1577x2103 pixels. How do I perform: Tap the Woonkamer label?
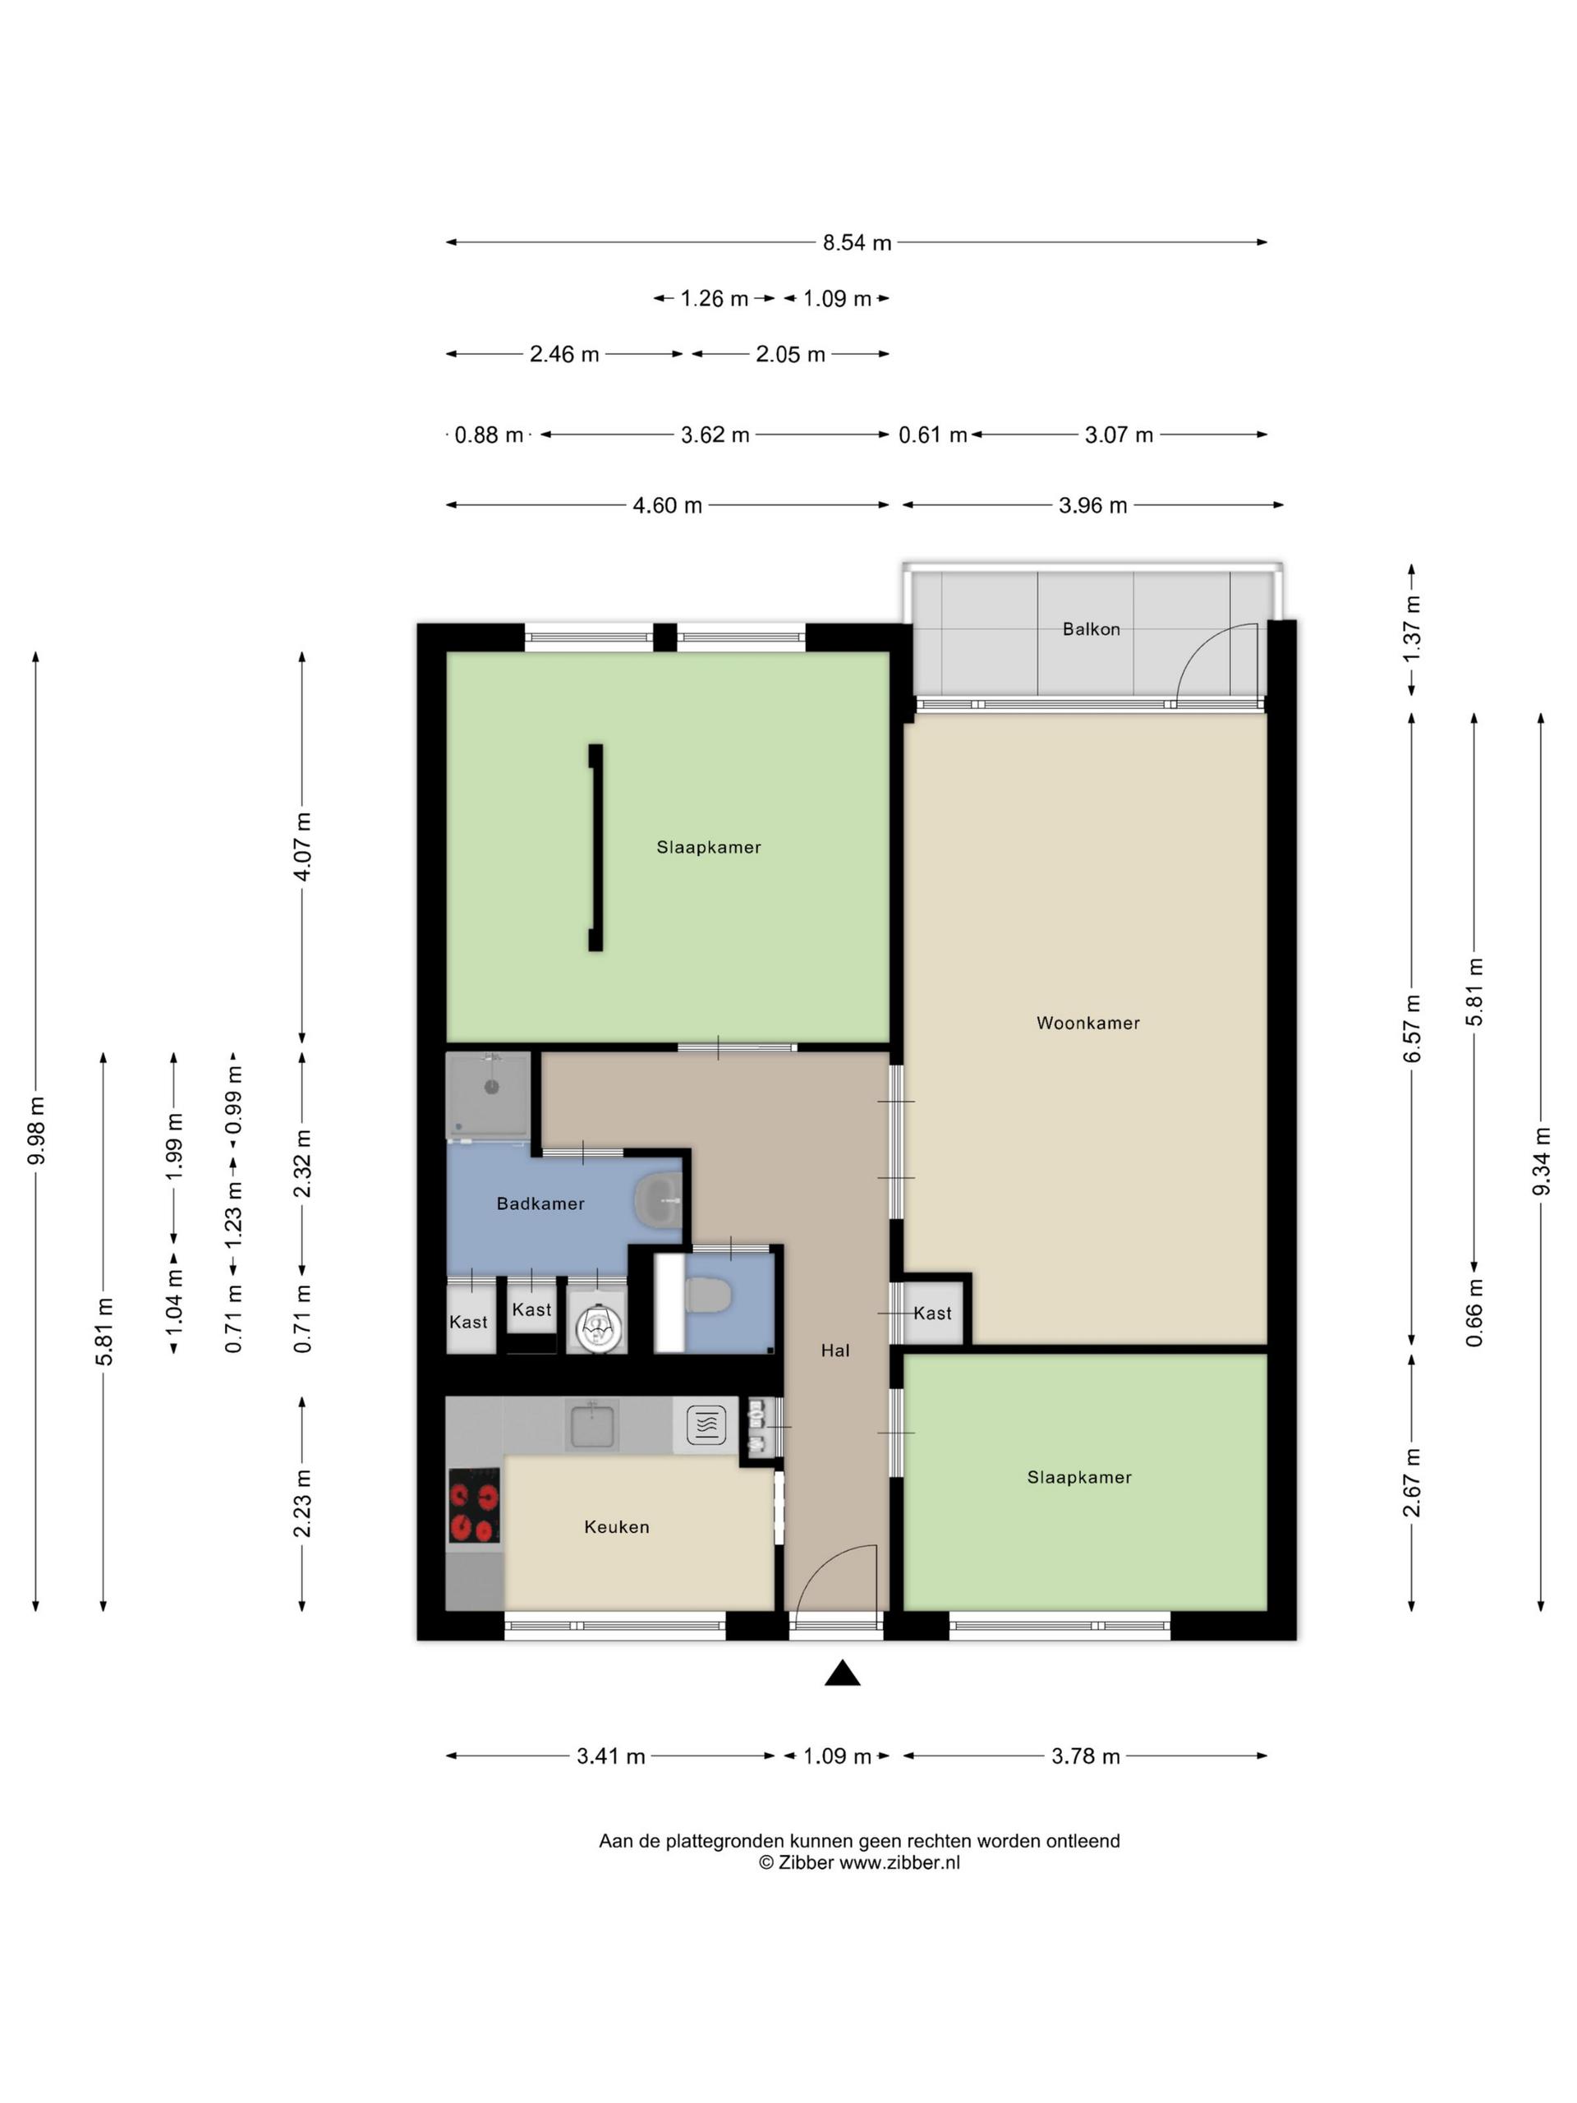1087,1023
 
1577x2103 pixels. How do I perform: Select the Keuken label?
617,1527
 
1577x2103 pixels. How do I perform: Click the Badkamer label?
540,1203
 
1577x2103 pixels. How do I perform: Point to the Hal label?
835,1350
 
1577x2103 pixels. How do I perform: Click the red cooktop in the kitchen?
475,1505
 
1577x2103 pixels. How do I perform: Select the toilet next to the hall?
707,1295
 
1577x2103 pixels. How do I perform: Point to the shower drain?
491,1087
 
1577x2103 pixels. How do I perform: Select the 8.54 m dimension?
857,242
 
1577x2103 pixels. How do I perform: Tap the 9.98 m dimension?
36,1131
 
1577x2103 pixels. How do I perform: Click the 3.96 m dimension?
1092,505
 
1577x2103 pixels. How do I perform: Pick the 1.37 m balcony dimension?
1412,629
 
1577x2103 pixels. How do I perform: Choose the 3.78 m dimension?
1085,1756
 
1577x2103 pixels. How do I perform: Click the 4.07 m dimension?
302,847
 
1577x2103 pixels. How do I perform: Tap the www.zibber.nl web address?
899,1862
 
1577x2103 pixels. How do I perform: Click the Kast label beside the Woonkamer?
932,1313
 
